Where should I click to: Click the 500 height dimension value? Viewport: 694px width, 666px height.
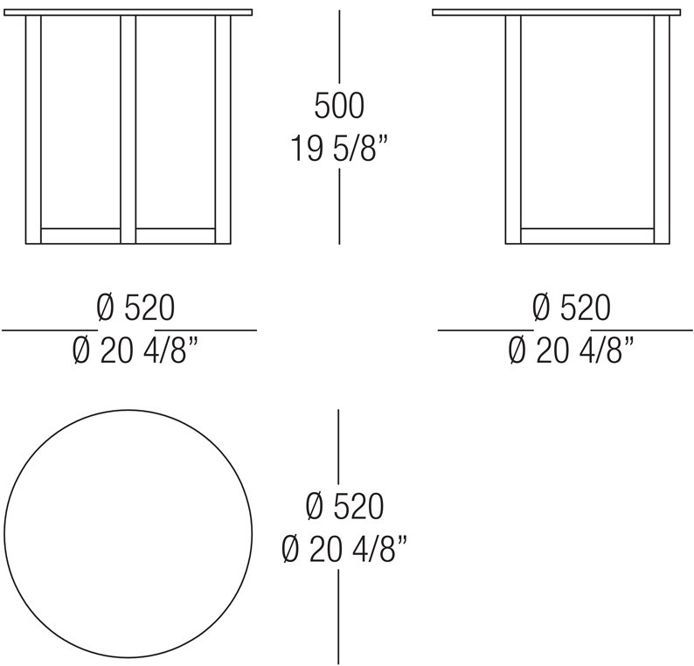pos(339,106)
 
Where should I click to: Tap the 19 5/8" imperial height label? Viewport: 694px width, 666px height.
pos(339,149)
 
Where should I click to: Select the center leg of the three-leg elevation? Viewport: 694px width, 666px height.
pos(128,129)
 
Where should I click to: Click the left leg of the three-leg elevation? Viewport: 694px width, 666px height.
pos(33,129)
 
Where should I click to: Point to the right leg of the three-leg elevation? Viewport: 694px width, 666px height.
pos(223,129)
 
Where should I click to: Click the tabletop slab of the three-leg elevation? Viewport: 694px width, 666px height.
pos(128,12)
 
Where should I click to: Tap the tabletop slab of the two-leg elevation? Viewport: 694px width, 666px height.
pos(557,12)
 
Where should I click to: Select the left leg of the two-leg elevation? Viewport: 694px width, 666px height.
pos(513,129)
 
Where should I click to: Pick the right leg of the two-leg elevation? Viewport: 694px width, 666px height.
pos(662,129)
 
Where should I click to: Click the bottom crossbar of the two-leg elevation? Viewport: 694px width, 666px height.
pos(587,236)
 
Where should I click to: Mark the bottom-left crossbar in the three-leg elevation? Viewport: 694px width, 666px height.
pos(80,236)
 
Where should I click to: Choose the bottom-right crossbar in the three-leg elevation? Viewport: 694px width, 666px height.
pos(176,236)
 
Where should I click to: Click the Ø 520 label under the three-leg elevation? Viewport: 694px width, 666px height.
pos(135,308)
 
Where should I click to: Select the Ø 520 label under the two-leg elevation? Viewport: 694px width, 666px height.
pos(572,308)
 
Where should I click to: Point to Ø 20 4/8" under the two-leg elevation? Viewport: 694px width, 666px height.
pos(571,350)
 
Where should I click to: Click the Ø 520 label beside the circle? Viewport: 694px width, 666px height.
pos(344,506)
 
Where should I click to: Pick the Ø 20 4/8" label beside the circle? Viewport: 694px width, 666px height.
pos(344,549)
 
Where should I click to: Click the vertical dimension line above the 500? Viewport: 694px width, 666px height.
pos(339,47)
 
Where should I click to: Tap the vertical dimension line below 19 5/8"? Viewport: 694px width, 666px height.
pos(339,206)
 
